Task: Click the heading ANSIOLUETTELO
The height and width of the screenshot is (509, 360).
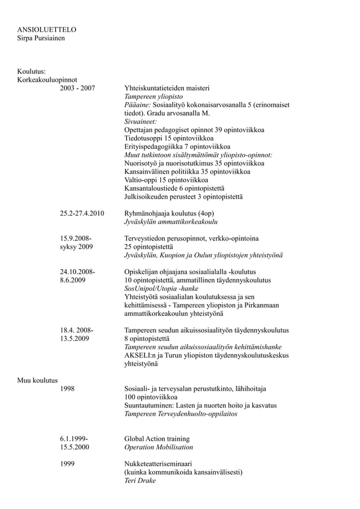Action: point(46,29)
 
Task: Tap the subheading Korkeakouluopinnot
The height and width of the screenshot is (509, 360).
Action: point(47,80)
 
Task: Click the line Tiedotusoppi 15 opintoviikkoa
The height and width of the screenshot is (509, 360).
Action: point(169,138)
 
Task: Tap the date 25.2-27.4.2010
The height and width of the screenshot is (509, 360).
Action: point(83,214)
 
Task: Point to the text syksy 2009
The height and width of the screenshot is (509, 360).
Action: point(77,247)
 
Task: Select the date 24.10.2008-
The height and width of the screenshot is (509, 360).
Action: point(78,271)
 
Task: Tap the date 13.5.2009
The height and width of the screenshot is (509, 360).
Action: point(74,339)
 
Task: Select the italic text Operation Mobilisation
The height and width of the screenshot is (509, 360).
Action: point(159,447)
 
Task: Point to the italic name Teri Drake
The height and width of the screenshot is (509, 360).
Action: point(140,480)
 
